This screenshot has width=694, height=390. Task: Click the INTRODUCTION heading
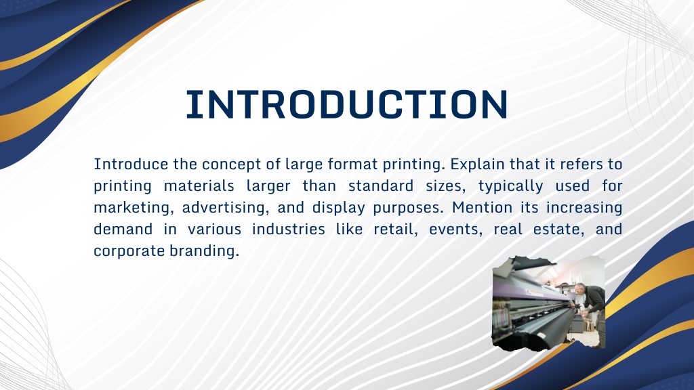click(x=346, y=104)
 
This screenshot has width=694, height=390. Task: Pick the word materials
click(x=199, y=186)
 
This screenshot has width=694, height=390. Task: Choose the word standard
click(x=381, y=186)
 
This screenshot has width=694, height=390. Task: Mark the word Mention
click(x=482, y=207)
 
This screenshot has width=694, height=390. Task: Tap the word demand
click(x=123, y=229)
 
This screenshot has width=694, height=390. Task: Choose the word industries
click(x=288, y=229)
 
